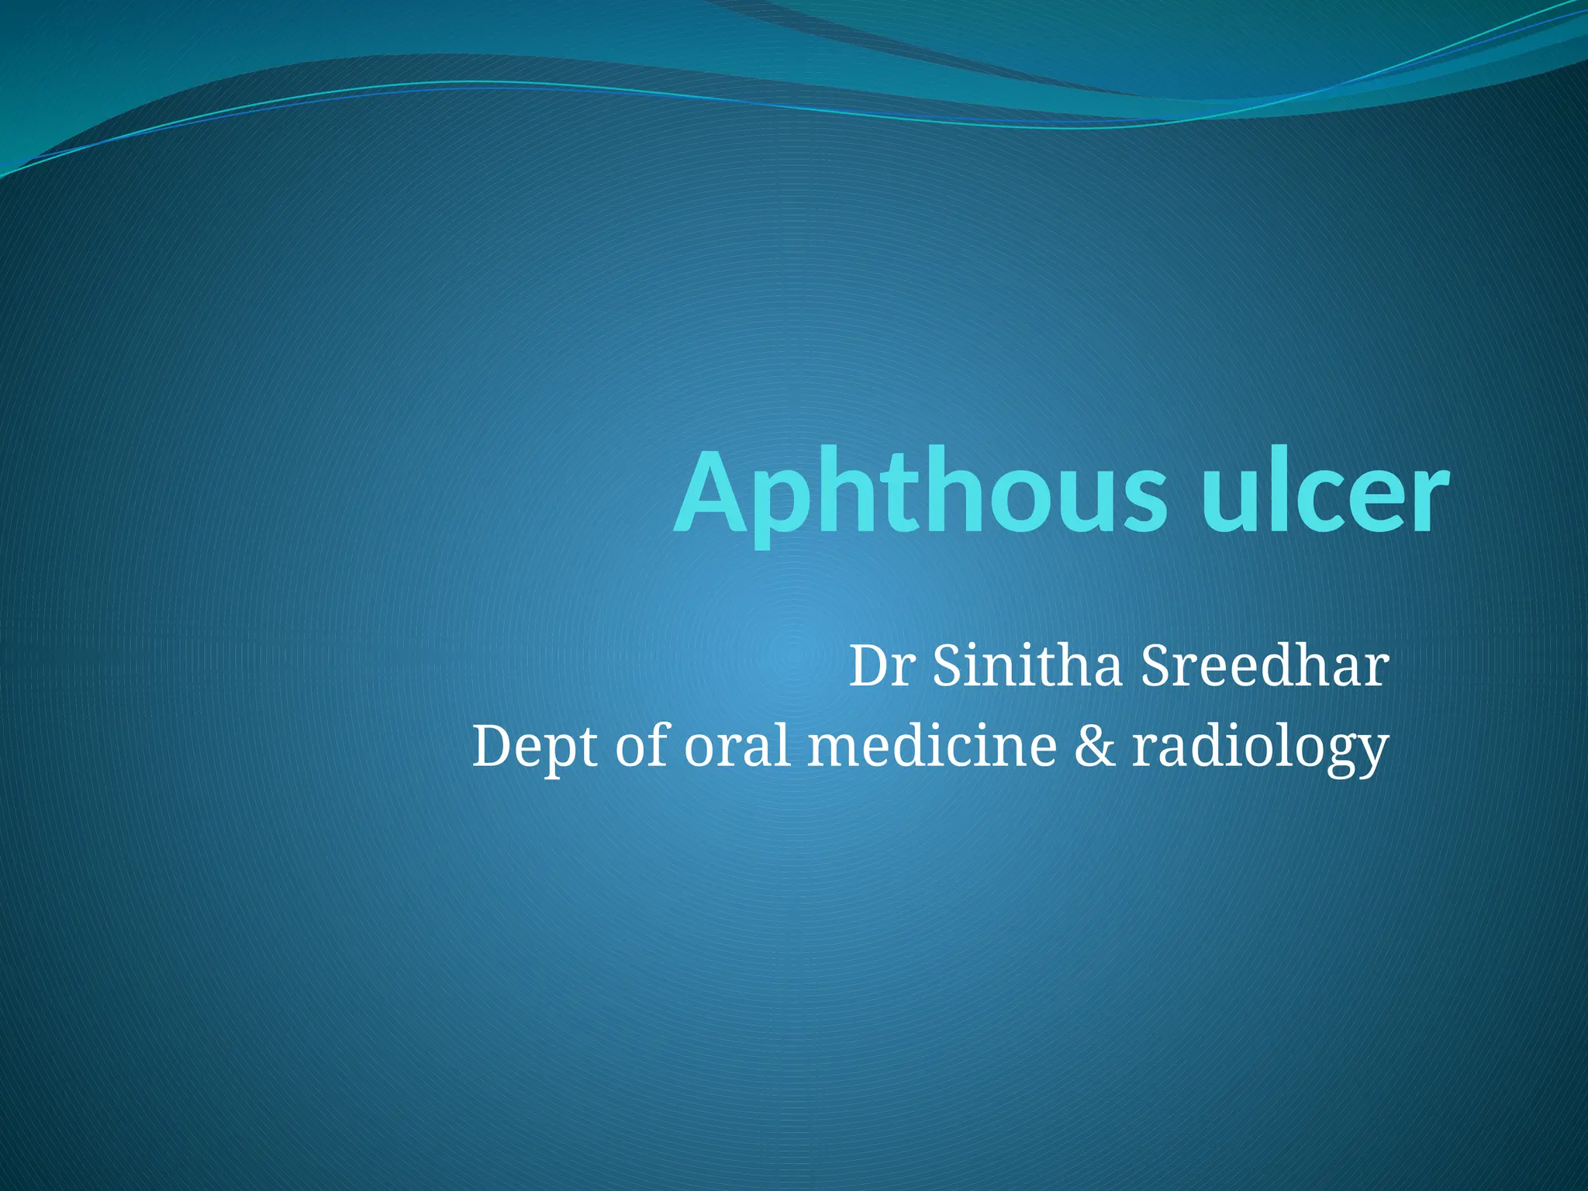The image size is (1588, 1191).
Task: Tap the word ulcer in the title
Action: tap(1324, 492)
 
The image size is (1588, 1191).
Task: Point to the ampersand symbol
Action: tap(1094, 746)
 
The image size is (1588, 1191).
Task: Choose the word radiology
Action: tap(1260, 748)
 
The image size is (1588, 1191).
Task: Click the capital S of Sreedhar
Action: tap(1156, 666)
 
